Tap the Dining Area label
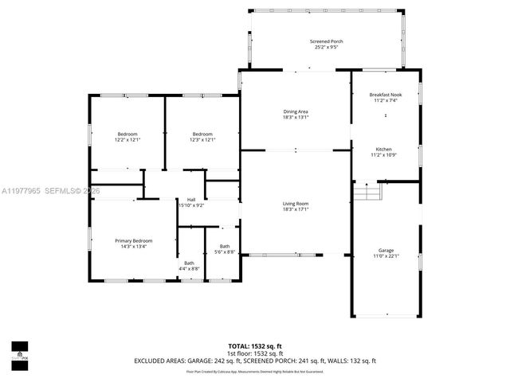click(x=295, y=111)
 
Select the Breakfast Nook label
click(x=386, y=95)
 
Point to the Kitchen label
click(x=384, y=149)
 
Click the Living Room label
click(x=295, y=204)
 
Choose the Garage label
click(x=386, y=250)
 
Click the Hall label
click(x=191, y=199)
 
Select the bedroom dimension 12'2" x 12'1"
click(x=127, y=139)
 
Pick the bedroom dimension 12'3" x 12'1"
click(x=202, y=139)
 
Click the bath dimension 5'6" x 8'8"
click(x=226, y=252)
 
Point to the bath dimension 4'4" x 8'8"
click(x=189, y=269)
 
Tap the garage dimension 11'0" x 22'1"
click(x=386, y=256)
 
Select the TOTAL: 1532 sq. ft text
click(x=255, y=346)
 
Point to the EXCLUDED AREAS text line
click(x=255, y=361)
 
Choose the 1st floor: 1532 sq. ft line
click(x=255, y=353)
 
